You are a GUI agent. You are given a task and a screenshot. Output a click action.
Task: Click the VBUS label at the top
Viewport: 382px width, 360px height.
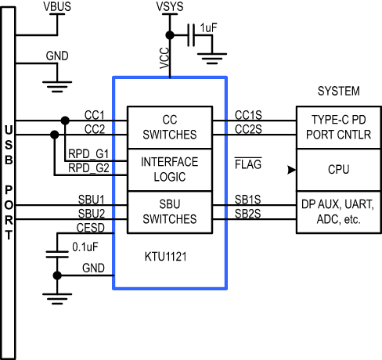(x=57, y=7)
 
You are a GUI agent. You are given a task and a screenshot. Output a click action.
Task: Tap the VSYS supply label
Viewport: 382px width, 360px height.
(x=170, y=7)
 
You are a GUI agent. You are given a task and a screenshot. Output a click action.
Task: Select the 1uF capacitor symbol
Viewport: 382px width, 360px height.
(x=191, y=35)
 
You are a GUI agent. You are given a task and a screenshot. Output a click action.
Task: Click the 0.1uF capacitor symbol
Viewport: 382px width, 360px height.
(x=57, y=254)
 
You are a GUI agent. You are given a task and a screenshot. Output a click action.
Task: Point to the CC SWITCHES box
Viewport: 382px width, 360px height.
(x=170, y=128)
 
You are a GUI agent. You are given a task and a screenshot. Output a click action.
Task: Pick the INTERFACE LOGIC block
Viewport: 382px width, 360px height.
(x=170, y=170)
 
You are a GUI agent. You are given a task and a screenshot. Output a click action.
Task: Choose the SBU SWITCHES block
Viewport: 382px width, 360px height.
(x=170, y=212)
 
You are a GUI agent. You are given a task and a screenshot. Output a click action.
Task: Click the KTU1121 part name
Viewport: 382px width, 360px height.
(x=166, y=257)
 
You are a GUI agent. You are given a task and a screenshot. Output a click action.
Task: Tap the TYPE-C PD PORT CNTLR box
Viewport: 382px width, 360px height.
(x=339, y=128)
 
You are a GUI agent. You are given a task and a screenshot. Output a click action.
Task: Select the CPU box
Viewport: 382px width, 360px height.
(x=339, y=170)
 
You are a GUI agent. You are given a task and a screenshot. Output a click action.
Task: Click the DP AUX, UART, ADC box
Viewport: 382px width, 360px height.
(x=339, y=212)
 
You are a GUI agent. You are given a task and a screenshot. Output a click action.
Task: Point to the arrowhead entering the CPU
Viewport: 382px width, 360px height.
(x=292, y=170)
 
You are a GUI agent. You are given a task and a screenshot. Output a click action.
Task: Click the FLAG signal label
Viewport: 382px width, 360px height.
(x=248, y=164)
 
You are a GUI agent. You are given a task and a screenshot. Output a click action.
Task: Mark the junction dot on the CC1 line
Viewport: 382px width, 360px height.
(x=65, y=121)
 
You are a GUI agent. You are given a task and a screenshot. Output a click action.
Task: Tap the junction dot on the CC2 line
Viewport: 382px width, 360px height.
(x=54, y=135)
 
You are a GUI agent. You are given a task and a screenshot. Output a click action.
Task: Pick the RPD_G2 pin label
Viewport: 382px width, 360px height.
(x=88, y=168)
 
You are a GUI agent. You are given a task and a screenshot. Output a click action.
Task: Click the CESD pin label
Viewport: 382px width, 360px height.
(x=91, y=228)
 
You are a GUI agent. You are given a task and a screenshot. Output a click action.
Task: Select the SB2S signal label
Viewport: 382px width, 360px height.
(x=248, y=214)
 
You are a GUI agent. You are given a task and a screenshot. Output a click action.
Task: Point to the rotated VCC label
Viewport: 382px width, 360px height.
(x=164, y=58)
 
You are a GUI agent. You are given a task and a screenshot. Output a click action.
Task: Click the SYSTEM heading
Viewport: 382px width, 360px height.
(x=339, y=91)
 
